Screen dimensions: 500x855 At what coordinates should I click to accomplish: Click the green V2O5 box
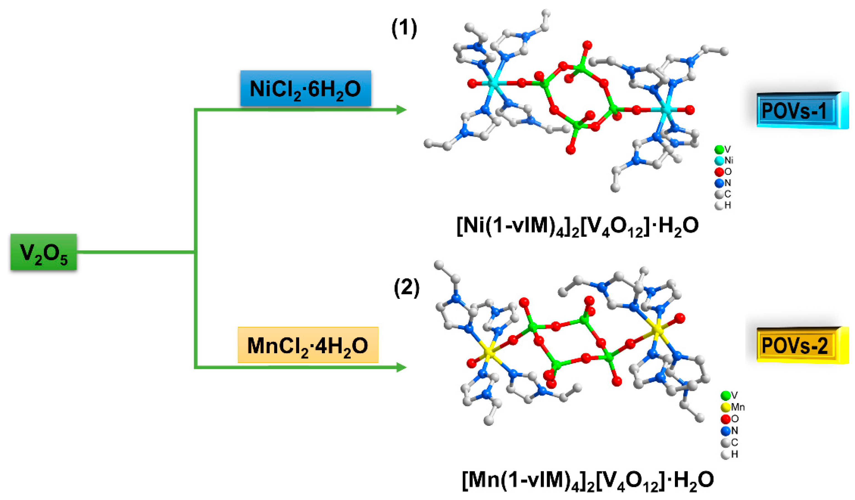pyautogui.click(x=43, y=252)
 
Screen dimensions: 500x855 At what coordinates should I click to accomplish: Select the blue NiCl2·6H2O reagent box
pyautogui.click(x=305, y=88)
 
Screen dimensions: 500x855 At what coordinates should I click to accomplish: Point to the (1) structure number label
pyautogui.click(x=404, y=29)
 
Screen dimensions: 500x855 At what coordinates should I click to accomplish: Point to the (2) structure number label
pyautogui.click(x=407, y=288)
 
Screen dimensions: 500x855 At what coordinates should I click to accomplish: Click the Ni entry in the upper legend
pyautogui.click(x=724, y=160)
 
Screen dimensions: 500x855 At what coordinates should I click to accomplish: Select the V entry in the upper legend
pyautogui.click(x=723, y=149)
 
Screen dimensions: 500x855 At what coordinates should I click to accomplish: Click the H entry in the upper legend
pyautogui.click(x=723, y=205)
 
